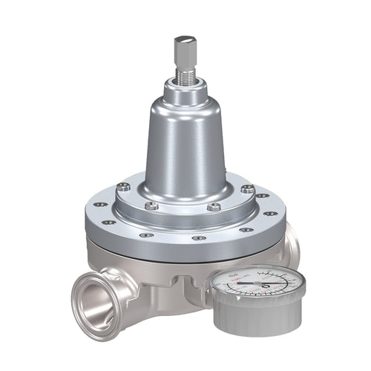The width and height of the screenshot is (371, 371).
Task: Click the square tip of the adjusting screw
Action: pyautogui.click(x=184, y=50)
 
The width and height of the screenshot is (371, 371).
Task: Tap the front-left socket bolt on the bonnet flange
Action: pyautogui.click(x=152, y=206)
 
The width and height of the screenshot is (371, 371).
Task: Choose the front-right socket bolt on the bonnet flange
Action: pyautogui.click(x=216, y=207)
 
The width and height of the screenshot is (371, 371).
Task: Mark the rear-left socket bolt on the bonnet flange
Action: pyautogui.click(x=124, y=186)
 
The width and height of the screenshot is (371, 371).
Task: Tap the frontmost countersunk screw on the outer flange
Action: pyautogui.click(x=197, y=238)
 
